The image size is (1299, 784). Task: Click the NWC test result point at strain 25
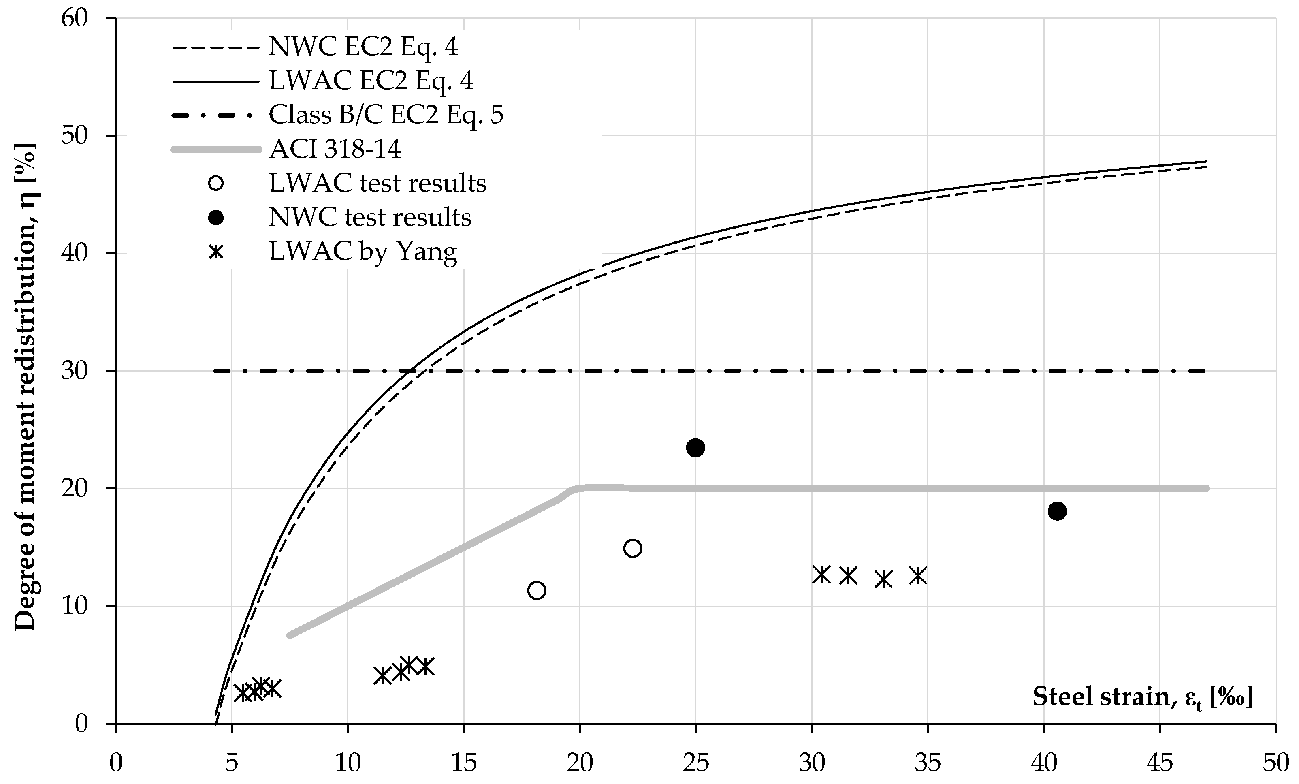click(695, 448)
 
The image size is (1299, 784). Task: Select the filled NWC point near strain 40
click(1057, 511)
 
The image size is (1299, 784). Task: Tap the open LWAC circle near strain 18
click(536, 590)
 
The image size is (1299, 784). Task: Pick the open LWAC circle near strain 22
click(632, 548)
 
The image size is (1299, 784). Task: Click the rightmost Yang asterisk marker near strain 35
click(918, 576)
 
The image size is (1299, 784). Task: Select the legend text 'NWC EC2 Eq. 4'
click(363, 47)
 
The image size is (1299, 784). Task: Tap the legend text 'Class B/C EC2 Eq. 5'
click(386, 114)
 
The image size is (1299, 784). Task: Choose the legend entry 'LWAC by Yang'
click(363, 252)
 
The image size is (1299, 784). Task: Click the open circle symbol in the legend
click(216, 184)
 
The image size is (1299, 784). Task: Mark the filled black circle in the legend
click(216, 218)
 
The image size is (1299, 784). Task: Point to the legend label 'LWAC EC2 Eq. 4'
click(371, 81)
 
